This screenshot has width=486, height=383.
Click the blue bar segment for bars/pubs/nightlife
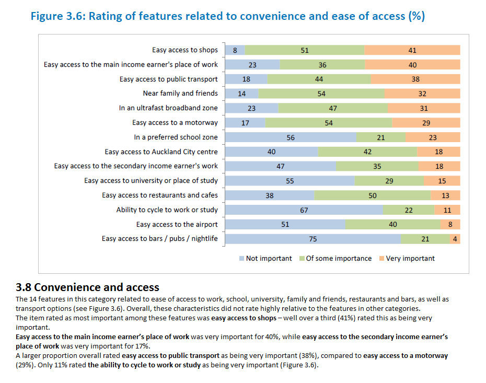point(313,239)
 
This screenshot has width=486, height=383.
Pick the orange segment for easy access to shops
point(412,50)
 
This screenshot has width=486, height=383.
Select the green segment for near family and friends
point(321,94)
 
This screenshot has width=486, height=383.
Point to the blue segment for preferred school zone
point(291,137)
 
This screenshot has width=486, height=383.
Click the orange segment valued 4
point(455,239)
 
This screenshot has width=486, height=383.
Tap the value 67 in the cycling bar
point(304,210)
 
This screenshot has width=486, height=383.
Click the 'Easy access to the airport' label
point(177,224)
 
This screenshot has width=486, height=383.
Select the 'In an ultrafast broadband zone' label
point(168,108)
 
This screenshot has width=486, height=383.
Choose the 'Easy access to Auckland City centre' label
point(161,152)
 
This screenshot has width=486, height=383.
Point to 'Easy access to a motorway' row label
point(175,123)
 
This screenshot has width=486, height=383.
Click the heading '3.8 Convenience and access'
point(88,287)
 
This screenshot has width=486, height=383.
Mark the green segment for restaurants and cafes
point(372,195)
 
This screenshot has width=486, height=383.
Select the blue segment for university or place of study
point(290,181)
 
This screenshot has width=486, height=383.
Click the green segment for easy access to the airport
point(392,224)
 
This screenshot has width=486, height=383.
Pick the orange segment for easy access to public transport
point(415,79)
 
